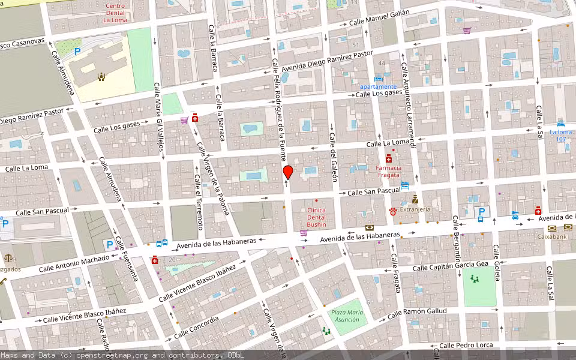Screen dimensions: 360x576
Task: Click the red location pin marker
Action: [x=288, y=172]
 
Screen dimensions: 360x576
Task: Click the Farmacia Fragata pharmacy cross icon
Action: [x=389, y=158]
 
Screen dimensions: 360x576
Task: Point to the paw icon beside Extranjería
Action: [x=393, y=211]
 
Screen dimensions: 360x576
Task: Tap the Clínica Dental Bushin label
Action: [x=316, y=217]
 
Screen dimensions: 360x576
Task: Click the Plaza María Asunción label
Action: [x=347, y=316]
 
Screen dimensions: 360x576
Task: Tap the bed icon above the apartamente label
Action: [x=378, y=79]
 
